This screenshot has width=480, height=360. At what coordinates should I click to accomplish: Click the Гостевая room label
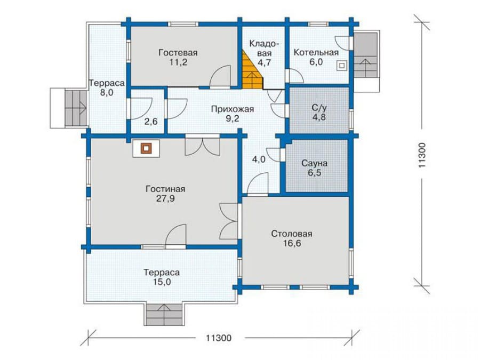[x=178, y=53]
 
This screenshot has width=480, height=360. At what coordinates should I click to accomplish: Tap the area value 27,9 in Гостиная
[x=165, y=199]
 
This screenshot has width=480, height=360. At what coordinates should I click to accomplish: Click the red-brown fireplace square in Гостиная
[x=146, y=148]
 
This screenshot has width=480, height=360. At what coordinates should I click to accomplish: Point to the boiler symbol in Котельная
[x=342, y=66]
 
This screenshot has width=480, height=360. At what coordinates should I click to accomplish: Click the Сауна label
[x=314, y=163]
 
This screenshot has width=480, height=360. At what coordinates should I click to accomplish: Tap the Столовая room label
[x=292, y=234]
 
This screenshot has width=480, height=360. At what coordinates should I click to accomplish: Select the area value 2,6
[x=151, y=122]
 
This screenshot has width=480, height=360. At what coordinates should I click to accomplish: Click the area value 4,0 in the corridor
[x=259, y=159]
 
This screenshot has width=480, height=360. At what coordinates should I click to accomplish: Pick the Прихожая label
[x=233, y=109]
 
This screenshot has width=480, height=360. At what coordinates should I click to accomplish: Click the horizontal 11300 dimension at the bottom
[x=219, y=338]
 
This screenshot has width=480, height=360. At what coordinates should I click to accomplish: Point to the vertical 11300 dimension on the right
[x=422, y=155]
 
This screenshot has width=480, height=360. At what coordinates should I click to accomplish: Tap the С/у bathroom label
[x=319, y=108]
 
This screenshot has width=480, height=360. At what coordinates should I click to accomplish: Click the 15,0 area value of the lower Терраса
[x=162, y=282]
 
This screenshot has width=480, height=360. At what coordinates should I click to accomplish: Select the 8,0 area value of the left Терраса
[x=107, y=92]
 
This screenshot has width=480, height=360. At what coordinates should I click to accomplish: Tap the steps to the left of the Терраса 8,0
[x=75, y=107]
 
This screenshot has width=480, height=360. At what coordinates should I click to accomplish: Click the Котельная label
[x=316, y=52]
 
